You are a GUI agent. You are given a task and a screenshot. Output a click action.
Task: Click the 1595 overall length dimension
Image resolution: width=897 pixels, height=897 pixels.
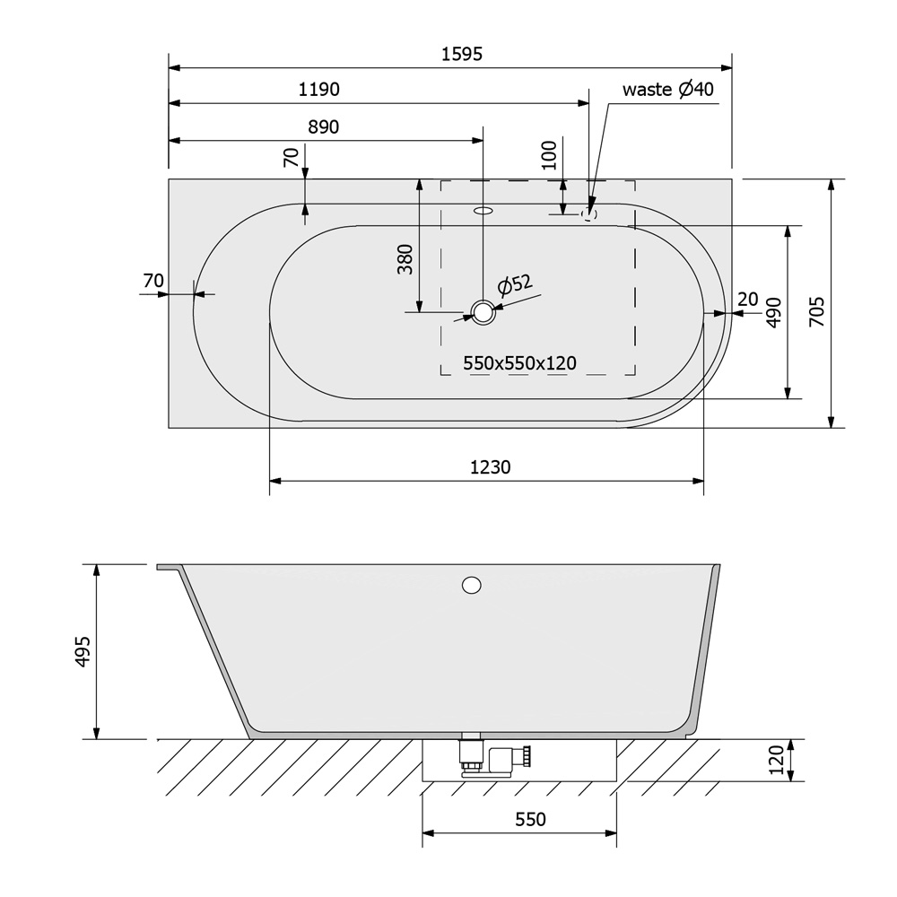pyautogui.click(x=462, y=54)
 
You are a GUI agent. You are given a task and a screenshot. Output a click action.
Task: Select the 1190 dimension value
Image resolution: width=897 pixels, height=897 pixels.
pyautogui.click(x=319, y=89)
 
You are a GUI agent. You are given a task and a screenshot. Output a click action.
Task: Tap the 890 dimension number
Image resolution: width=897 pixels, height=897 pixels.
pyautogui.click(x=323, y=126)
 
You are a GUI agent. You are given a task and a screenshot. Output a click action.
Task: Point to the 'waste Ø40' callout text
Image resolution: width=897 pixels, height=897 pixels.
pyautogui.click(x=667, y=89)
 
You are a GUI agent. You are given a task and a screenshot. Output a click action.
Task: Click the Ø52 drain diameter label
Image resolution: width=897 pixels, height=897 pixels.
pyautogui.click(x=515, y=285)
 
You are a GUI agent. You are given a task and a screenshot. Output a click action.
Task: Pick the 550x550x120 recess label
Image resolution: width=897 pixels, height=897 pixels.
pyautogui.click(x=519, y=363)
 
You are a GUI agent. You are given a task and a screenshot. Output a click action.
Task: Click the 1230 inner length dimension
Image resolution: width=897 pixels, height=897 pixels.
pyautogui.click(x=490, y=467)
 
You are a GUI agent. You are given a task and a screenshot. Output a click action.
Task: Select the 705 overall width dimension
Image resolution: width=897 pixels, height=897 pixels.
pyautogui.click(x=817, y=311)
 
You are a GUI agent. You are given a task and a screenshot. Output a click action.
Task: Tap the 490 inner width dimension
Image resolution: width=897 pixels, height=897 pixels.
pyautogui.click(x=773, y=312)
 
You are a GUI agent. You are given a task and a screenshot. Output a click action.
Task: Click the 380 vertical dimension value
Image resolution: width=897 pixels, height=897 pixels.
pyautogui.click(x=405, y=259)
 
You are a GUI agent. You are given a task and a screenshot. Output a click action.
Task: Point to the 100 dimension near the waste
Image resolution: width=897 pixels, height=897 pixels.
pyautogui.click(x=549, y=155)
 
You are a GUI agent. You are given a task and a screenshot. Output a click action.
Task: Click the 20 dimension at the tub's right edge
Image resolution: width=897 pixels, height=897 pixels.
pyautogui.click(x=748, y=299)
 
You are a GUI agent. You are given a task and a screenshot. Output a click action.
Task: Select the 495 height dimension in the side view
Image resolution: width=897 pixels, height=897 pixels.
pyautogui.click(x=83, y=651)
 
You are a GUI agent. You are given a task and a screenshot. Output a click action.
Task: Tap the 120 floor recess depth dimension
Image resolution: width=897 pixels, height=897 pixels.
pyautogui.click(x=776, y=760)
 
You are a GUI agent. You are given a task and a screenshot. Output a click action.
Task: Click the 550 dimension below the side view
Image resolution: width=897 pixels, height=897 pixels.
pyautogui.click(x=530, y=819)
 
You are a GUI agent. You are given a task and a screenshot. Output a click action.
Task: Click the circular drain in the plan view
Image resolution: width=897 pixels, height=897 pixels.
pyautogui.click(x=483, y=312)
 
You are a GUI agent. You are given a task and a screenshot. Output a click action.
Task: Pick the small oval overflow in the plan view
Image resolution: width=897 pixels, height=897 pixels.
pyautogui.click(x=483, y=211)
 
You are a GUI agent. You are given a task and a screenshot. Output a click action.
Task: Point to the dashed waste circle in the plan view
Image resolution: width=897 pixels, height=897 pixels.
pyautogui.click(x=589, y=214)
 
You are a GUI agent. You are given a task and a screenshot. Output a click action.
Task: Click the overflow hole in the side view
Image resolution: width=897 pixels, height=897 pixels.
pyautogui.click(x=472, y=585)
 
